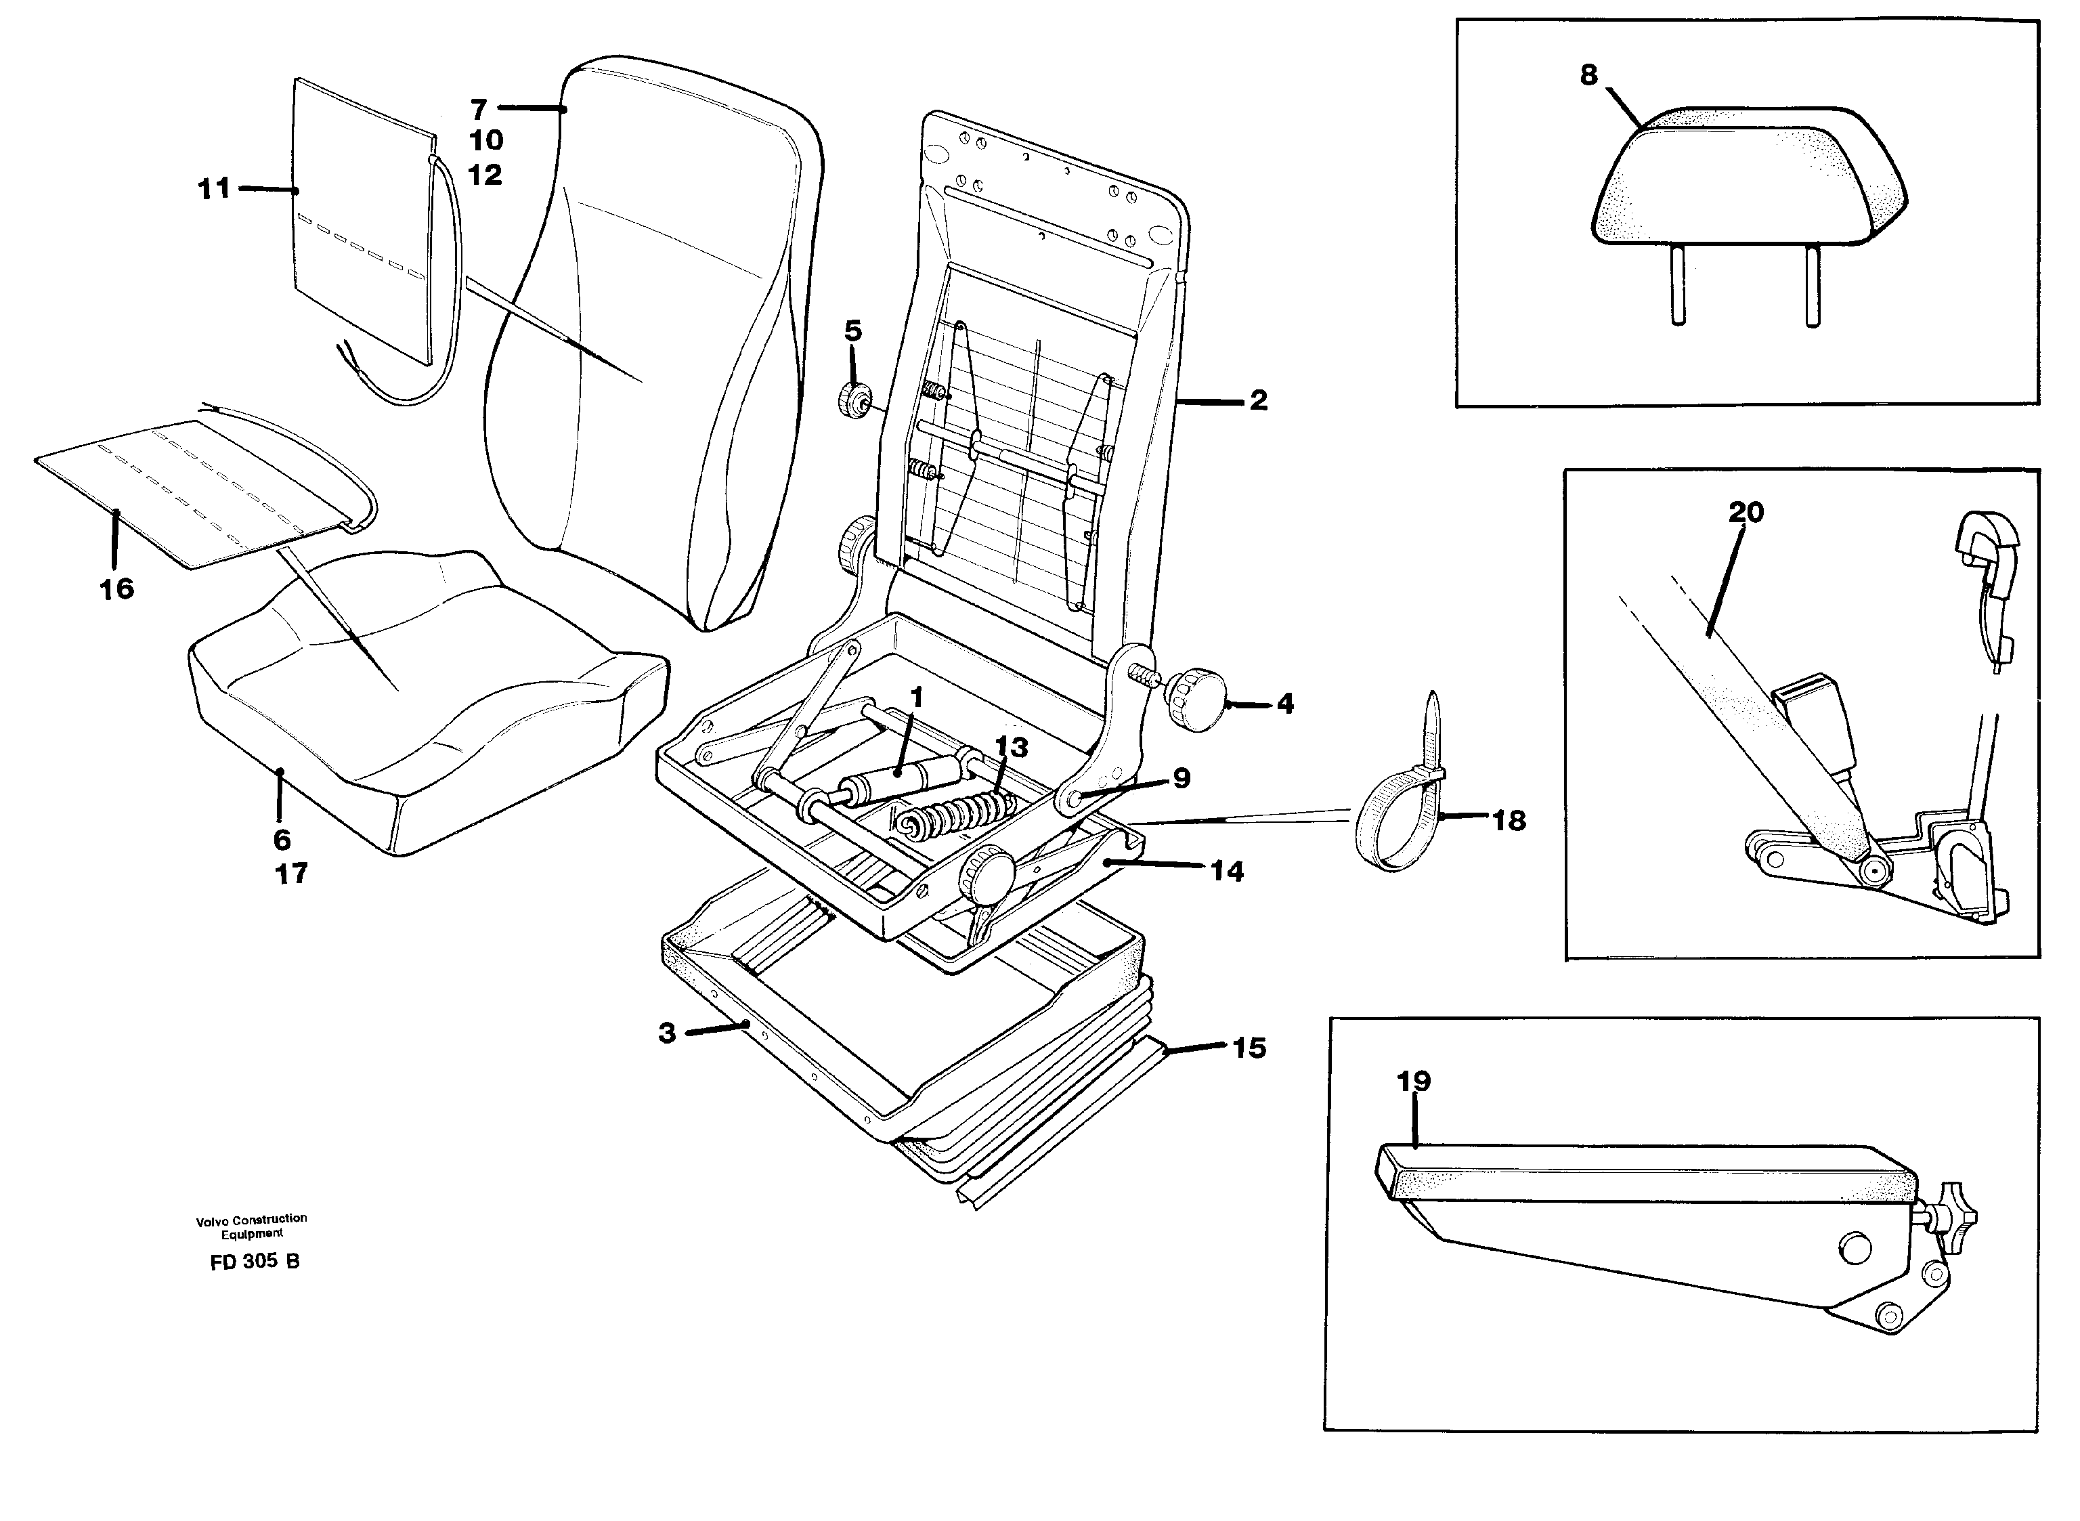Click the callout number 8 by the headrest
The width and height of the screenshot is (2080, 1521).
(1588, 75)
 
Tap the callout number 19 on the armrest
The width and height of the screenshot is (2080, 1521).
(1414, 1081)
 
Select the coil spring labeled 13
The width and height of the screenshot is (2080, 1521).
(957, 815)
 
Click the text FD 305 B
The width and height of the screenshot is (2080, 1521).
(254, 1262)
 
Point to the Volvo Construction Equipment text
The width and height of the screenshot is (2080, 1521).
(251, 1226)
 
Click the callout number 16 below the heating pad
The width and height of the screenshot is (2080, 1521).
(117, 588)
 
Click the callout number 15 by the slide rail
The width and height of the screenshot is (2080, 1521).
(1249, 1048)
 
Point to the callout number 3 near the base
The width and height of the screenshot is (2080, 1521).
(667, 1033)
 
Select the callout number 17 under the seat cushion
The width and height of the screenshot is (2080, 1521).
(292, 873)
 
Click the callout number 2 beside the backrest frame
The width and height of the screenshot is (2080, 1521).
(1257, 400)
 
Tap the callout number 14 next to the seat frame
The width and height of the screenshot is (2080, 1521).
(1227, 871)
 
